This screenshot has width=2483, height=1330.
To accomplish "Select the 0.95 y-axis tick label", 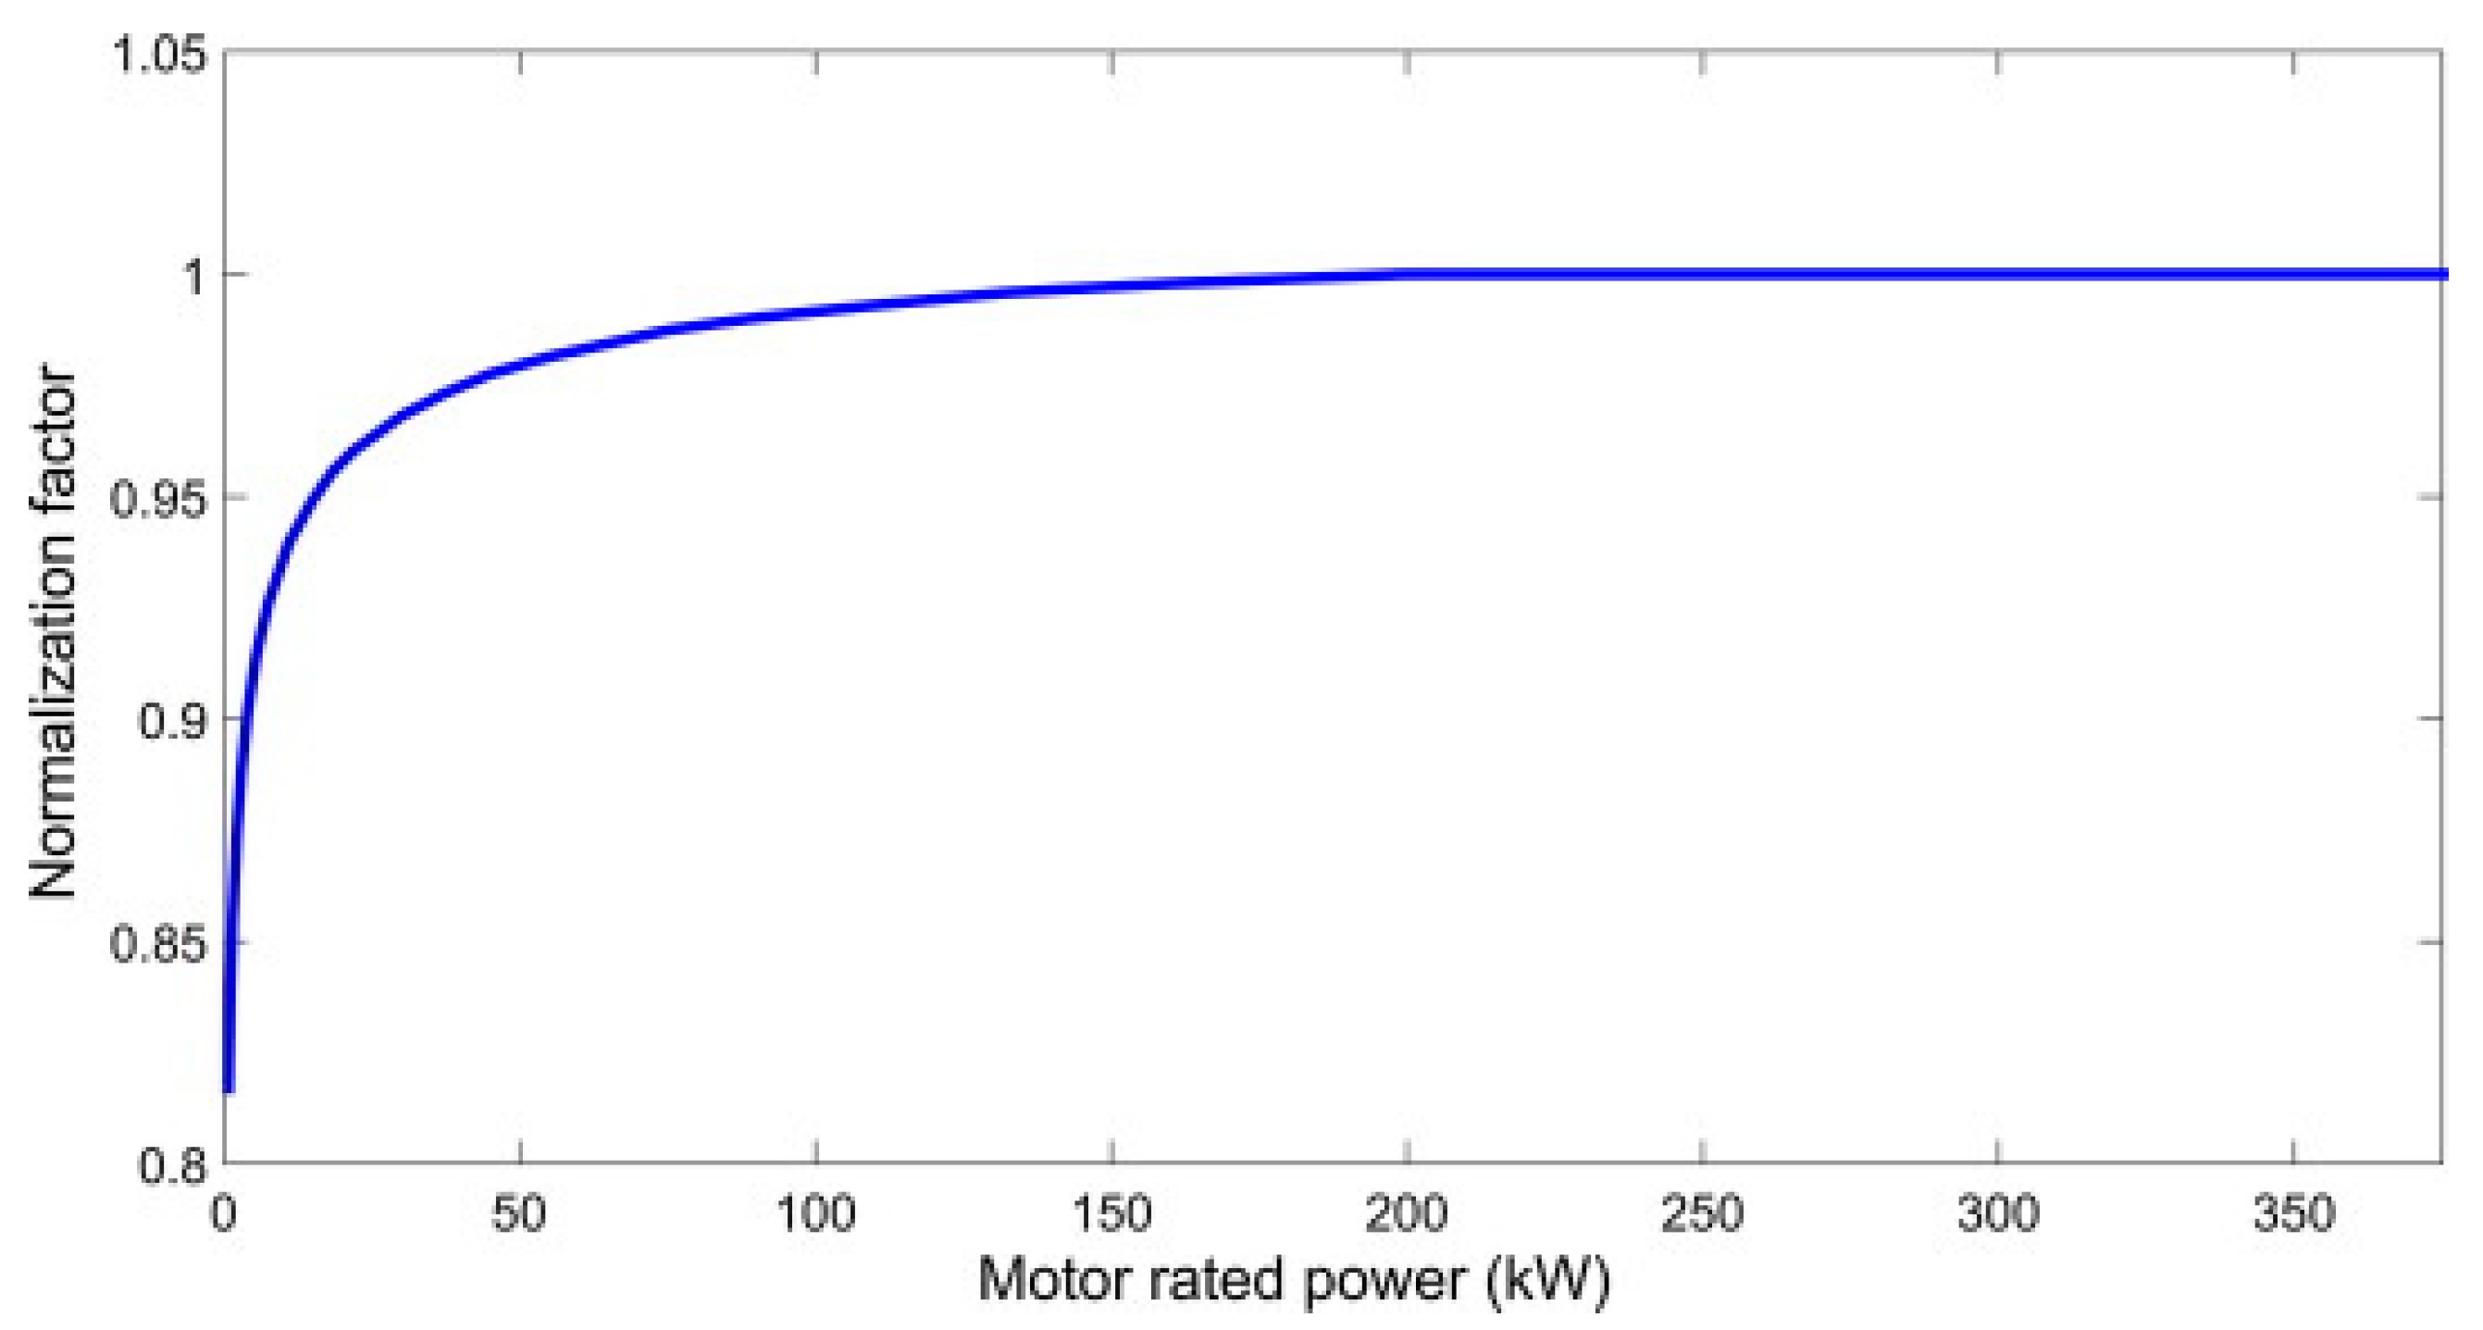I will pos(159,499).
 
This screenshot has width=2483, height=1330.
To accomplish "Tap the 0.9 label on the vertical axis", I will pos(173,721).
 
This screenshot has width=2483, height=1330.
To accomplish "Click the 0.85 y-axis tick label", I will pos(159,943).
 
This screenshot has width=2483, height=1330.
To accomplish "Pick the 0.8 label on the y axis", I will pos(173,1165).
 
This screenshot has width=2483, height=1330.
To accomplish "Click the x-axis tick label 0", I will pos(224,1214).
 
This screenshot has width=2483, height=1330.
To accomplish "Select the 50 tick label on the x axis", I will pos(519,1214).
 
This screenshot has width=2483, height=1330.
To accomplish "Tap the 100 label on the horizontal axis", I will pos(815,1214).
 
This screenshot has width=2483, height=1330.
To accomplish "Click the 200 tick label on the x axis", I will pos(1408,1214).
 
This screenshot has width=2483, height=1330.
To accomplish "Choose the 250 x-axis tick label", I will pos(1702,1214).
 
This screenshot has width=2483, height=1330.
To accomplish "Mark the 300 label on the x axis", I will pos(1998,1214).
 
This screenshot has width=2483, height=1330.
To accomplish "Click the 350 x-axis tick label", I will pos(2293,1214).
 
